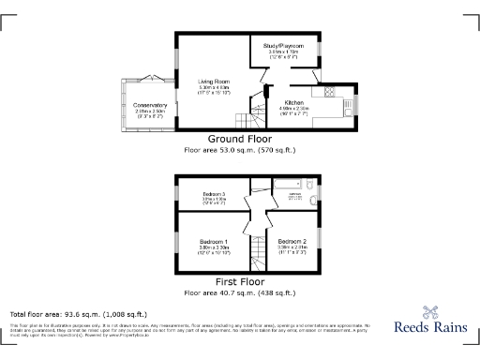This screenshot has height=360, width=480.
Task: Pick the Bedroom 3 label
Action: pyautogui.click(x=215, y=193)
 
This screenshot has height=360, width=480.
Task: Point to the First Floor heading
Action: pyautogui.click(x=240, y=281)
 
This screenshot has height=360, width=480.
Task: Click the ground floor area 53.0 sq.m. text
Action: pyautogui.click(x=240, y=148)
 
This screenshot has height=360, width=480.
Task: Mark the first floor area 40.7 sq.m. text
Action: pyautogui.click(x=240, y=291)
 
